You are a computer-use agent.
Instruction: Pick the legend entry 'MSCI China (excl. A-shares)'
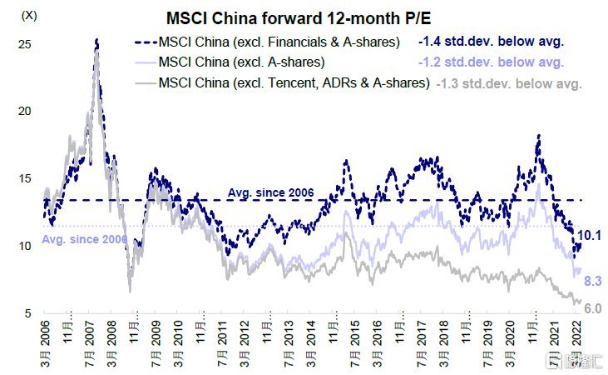point(241,62)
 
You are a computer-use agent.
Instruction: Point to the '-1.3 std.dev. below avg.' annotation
point(510,82)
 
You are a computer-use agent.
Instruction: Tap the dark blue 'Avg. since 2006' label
point(270,193)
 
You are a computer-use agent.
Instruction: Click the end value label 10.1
point(590,237)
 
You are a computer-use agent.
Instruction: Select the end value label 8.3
point(591,282)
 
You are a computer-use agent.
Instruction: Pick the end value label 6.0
point(591,308)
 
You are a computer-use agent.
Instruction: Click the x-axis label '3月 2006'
point(47,345)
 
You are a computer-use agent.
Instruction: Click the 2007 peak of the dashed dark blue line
point(97,39)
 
